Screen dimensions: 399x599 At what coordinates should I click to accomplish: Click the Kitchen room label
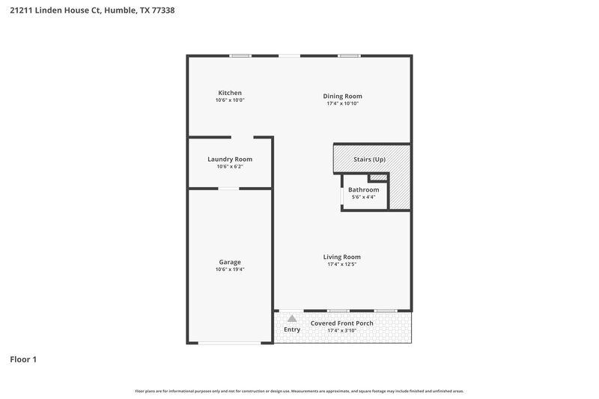coord(229,93)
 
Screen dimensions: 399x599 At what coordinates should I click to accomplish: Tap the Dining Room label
coord(342,96)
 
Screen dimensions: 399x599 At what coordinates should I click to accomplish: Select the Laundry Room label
coord(230,159)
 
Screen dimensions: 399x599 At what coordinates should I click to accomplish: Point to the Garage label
coord(230,262)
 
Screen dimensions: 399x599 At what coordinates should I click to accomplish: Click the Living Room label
coord(342,257)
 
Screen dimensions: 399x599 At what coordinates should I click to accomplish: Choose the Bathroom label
coord(363,189)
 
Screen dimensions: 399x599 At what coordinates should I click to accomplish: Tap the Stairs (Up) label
coord(370,160)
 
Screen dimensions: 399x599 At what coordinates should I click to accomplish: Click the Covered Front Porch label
coord(342,323)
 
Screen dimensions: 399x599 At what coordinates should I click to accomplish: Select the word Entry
coord(292,329)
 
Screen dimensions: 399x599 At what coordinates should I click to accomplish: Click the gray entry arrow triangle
coord(292,318)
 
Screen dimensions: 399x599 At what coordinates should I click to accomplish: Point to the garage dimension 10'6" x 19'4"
coord(230,269)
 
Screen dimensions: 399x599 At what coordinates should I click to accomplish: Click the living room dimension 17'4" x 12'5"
coord(342,264)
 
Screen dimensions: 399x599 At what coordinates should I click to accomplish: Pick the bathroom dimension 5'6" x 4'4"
coord(363,197)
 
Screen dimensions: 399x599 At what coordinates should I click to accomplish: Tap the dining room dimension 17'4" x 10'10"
coord(342,103)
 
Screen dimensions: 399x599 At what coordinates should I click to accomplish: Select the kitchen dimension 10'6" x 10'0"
coord(230,100)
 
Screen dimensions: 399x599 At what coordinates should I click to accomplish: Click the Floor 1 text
coord(23,359)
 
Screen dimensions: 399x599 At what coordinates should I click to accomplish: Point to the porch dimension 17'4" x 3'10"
coord(342,330)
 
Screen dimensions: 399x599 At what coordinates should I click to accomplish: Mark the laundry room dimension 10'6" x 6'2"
coord(230,166)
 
